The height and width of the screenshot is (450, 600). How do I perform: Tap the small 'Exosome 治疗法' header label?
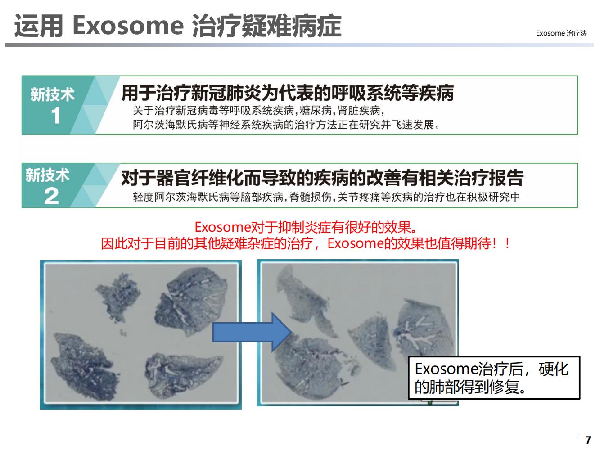pyautogui.click(x=561, y=33)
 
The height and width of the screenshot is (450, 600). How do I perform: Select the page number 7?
pyautogui.click(x=588, y=440)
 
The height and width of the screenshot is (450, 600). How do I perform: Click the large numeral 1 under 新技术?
pyautogui.click(x=56, y=115)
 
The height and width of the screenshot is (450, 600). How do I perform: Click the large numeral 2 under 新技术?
pyautogui.click(x=51, y=196)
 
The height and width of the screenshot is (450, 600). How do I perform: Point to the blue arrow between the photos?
pyautogui.click(x=252, y=332)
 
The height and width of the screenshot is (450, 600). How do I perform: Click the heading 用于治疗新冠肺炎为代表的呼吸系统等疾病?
pyautogui.click(x=287, y=93)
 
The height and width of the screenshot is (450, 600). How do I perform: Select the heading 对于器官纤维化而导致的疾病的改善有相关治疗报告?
pyautogui.click(x=322, y=178)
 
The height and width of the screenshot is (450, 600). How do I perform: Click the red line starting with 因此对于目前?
pyautogui.click(x=305, y=243)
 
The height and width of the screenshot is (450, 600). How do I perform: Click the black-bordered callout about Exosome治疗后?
pyautogui.click(x=494, y=378)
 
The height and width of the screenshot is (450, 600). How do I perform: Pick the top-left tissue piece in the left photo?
pyautogui.click(x=118, y=297)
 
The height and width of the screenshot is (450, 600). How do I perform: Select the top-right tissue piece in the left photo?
pyautogui.click(x=191, y=301)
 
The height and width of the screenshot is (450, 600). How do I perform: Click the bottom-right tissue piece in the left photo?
pyautogui.click(x=183, y=376)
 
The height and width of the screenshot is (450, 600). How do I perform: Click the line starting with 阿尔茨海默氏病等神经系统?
pyautogui.click(x=286, y=125)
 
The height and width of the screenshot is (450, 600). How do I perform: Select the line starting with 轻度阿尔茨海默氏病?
pyautogui.click(x=326, y=197)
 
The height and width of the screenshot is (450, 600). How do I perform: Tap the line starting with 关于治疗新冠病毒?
pyautogui.click(x=258, y=111)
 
